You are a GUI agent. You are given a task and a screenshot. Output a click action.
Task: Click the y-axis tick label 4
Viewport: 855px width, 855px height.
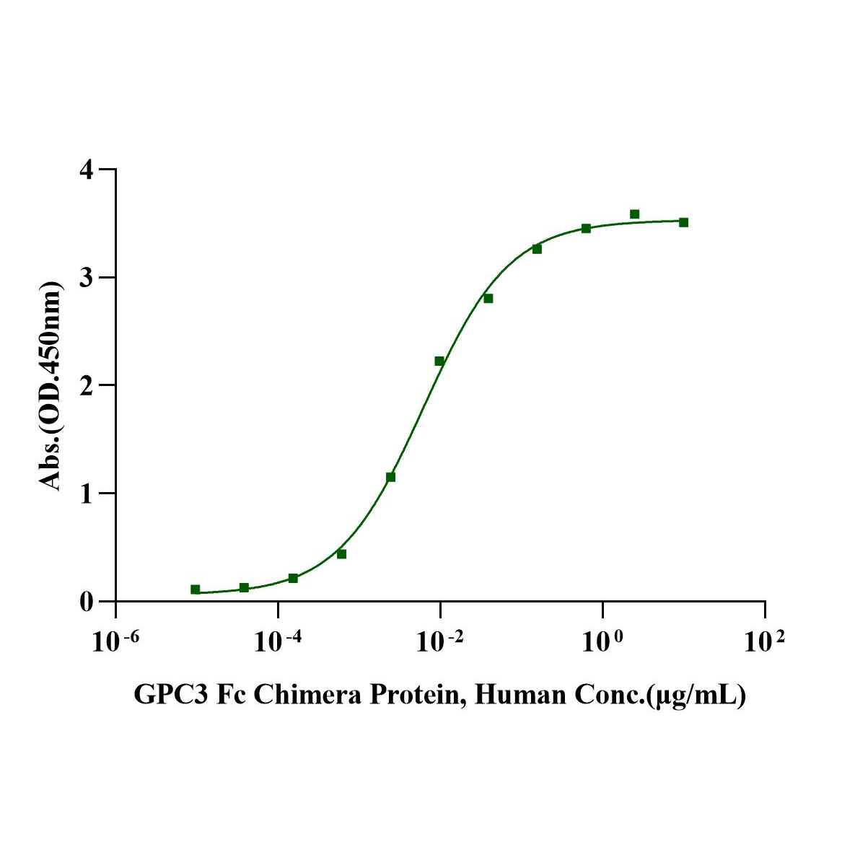pos(87,170)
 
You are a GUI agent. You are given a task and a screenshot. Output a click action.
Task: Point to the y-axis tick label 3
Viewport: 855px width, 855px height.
pos(87,278)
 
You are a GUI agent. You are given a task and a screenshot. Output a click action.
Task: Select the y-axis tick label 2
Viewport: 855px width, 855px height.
pos(87,385)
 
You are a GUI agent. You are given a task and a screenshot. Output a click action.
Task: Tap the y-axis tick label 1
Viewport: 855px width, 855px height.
pos(87,494)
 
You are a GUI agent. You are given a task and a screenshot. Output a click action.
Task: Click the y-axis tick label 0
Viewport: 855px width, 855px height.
pos(87,601)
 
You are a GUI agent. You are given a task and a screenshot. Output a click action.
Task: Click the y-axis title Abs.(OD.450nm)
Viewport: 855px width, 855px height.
pos(51,385)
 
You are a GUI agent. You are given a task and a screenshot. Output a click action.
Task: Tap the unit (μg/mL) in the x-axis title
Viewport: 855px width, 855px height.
pos(697,696)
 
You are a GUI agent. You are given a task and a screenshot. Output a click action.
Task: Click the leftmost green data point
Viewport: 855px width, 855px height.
pos(196,589)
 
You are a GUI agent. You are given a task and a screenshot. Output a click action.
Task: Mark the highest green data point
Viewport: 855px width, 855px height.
pos(635,214)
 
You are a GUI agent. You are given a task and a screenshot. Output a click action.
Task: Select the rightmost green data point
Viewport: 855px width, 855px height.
pos(683,222)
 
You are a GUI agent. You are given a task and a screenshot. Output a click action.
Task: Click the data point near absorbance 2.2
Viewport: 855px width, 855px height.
pos(439,361)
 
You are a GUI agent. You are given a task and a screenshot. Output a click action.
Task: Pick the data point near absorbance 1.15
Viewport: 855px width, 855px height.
pos(391,477)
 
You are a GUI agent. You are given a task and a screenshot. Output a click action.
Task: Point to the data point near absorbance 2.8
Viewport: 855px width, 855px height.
pos(488,299)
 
